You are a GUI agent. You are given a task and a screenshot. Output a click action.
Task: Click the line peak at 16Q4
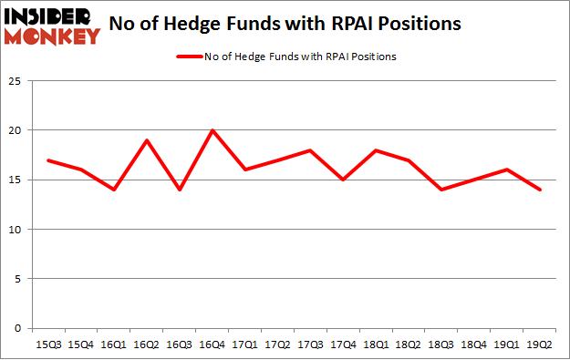pyautogui.click(x=212, y=130)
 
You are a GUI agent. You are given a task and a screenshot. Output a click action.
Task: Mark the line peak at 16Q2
pyautogui.click(x=147, y=140)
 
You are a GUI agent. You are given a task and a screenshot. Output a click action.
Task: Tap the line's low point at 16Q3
pyautogui.click(x=180, y=190)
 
